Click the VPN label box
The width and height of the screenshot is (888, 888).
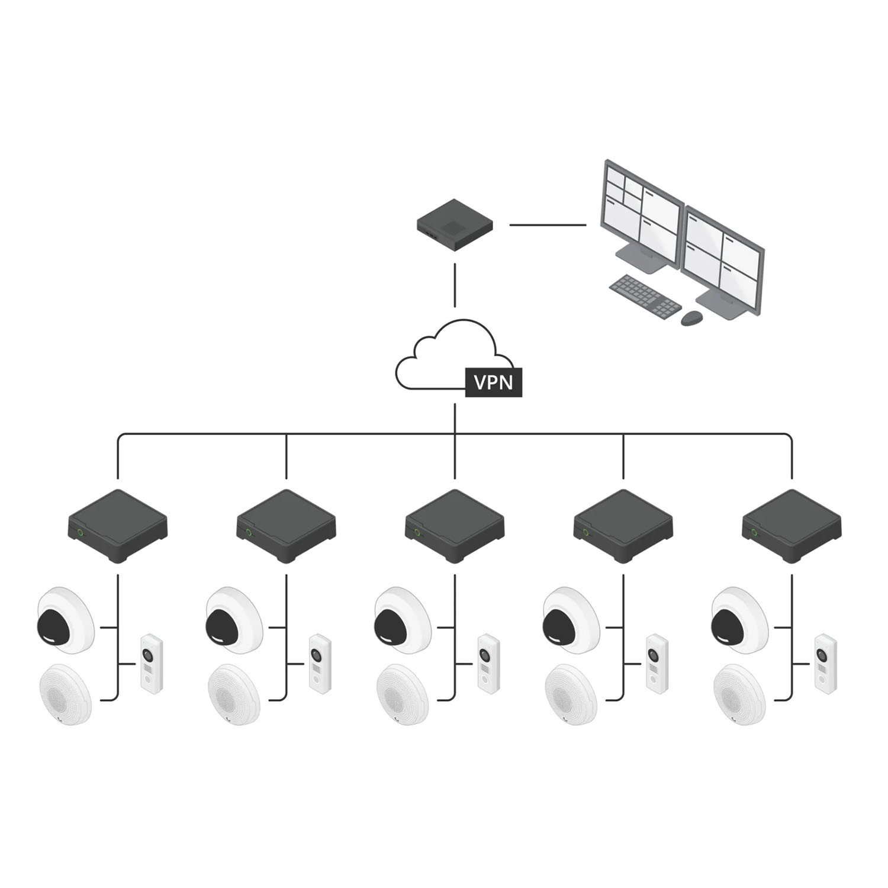click(x=494, y=382)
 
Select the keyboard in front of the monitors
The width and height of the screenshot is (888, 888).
click(x=645, y=297)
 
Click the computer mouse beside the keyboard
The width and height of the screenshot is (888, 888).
click(x=691, y=318)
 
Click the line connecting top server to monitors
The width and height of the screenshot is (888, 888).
click(x=548, y=225)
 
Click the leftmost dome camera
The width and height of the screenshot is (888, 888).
click(x=65, y=620)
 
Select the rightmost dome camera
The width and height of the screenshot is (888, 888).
click(x=739, y=620)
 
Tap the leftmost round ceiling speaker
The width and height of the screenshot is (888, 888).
click(x=65, y=694)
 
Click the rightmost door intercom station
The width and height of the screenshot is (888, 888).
click(x=825, y=664)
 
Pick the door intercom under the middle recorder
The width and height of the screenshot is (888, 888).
click(x=488, y=664)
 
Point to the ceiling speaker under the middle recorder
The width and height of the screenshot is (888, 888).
click(x=403, y=694)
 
